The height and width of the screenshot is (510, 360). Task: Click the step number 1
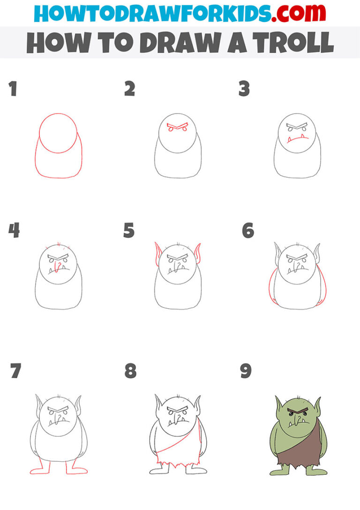tap(13, 89)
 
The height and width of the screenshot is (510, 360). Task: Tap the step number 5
tap(129, 231)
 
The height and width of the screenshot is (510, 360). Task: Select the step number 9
tap(246, 371)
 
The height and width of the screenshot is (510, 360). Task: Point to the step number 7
tap(15, 371)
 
